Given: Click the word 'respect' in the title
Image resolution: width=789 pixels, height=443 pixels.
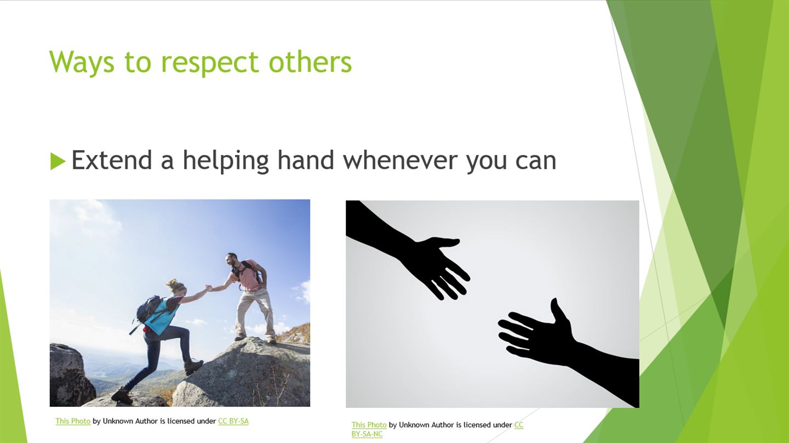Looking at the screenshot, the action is point(210,63).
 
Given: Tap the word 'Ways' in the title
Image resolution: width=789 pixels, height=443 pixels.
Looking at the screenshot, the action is point(82,62).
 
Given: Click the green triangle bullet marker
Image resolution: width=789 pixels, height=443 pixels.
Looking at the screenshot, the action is point(58,161).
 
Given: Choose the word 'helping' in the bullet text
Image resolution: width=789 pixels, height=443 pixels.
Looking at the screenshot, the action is point(226,161).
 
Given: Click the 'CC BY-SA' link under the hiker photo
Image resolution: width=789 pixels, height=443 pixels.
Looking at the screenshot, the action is point(233,421).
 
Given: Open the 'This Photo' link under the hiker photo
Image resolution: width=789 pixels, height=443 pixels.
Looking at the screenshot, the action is point(73,421).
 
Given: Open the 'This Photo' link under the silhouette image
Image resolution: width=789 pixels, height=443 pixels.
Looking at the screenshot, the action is point(369,425).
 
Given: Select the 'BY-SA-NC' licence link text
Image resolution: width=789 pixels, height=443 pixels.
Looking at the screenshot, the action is point(367,434).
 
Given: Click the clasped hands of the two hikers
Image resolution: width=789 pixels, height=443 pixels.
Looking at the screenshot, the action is point(209,288).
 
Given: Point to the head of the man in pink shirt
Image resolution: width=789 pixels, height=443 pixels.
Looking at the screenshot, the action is point(232,260).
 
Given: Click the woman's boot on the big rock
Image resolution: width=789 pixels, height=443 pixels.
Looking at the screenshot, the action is point(193,367).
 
